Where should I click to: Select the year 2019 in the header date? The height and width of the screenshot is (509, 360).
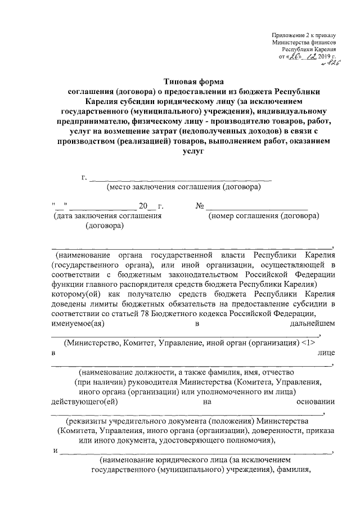(x=324, y=56)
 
